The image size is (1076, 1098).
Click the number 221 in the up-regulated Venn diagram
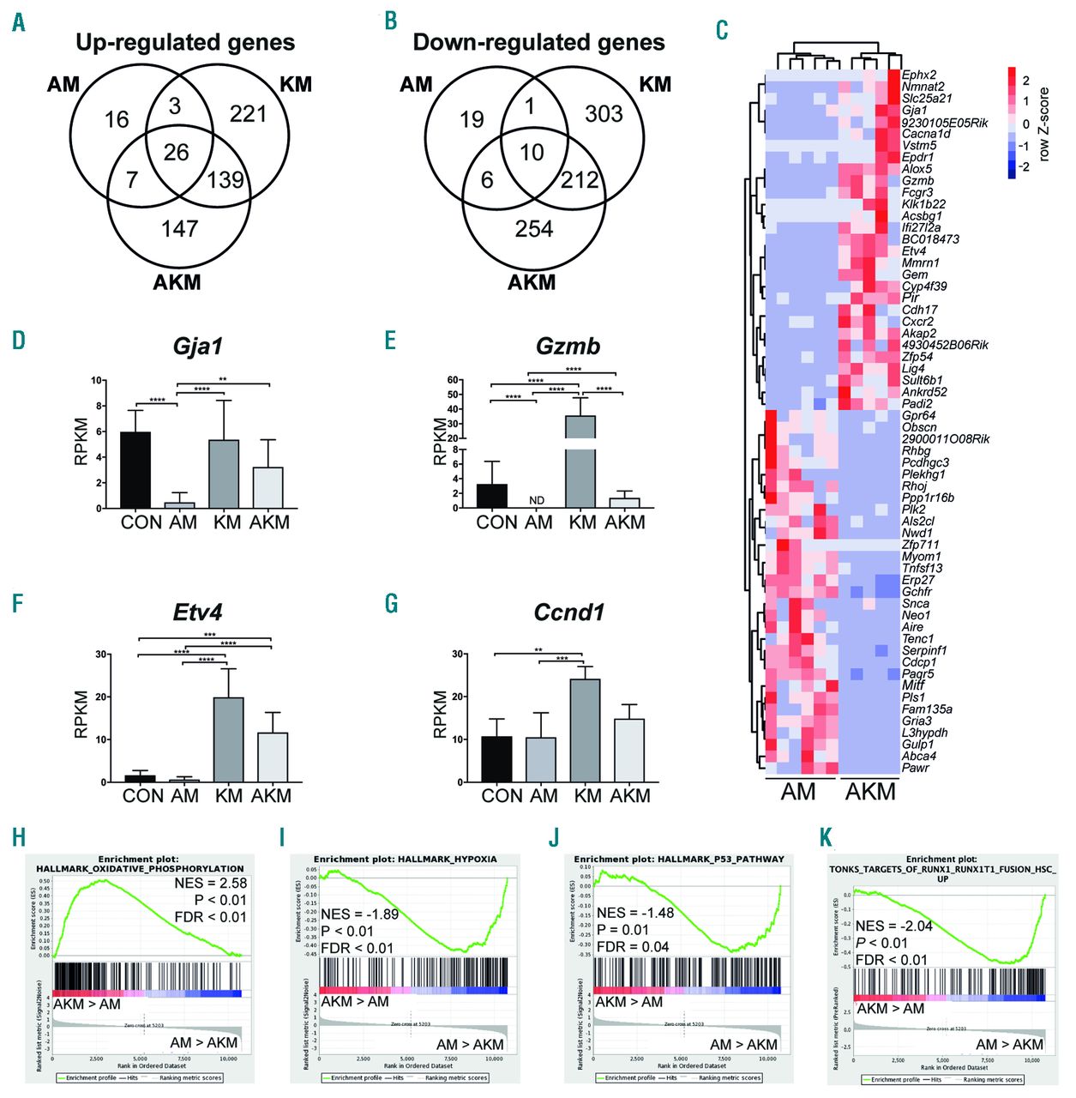tap(248, 114)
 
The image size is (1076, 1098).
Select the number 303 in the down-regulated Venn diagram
tap(604, 113)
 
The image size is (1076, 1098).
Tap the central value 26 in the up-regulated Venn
tap(176, 153)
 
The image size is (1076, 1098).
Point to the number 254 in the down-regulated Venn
tap(533, 229)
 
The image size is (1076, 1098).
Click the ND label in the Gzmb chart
tap(538, 501)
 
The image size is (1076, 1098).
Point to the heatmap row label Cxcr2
tap(918, 322)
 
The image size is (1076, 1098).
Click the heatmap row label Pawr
tap(915, 768)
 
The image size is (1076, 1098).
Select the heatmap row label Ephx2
tap(919, 75)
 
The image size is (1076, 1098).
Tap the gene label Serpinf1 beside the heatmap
tap(924, 650)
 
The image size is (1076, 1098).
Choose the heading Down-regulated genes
tap(538, 43)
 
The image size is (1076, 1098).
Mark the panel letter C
tap(722, 30)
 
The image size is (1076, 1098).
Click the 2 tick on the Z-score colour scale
tap(1025, 80)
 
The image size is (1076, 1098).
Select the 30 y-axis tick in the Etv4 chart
tap(101, 655)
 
